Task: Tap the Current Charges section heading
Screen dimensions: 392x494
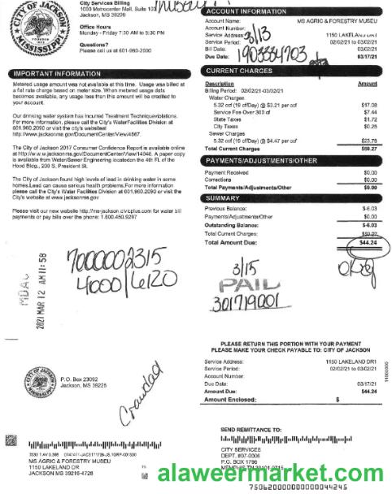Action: pyautogui.click(x=237, y=71)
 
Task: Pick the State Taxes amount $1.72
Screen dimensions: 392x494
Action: pyautogui.click(x=369, y=119)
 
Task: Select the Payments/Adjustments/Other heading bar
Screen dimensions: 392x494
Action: pyautogui.click(x=262, y=161)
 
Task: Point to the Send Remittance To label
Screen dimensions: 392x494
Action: pyautogui.click(x=252, y=428)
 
